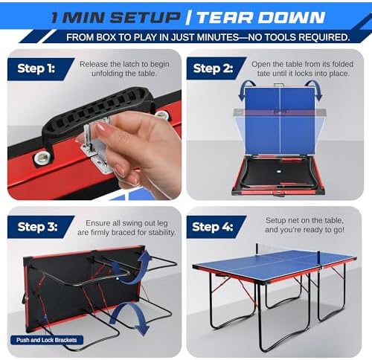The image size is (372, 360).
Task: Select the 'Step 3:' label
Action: click(x=39, y=227)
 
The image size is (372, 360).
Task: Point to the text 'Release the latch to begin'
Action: click(x=125, y=65)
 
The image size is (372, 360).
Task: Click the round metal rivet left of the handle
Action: click(x=43, y=156)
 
